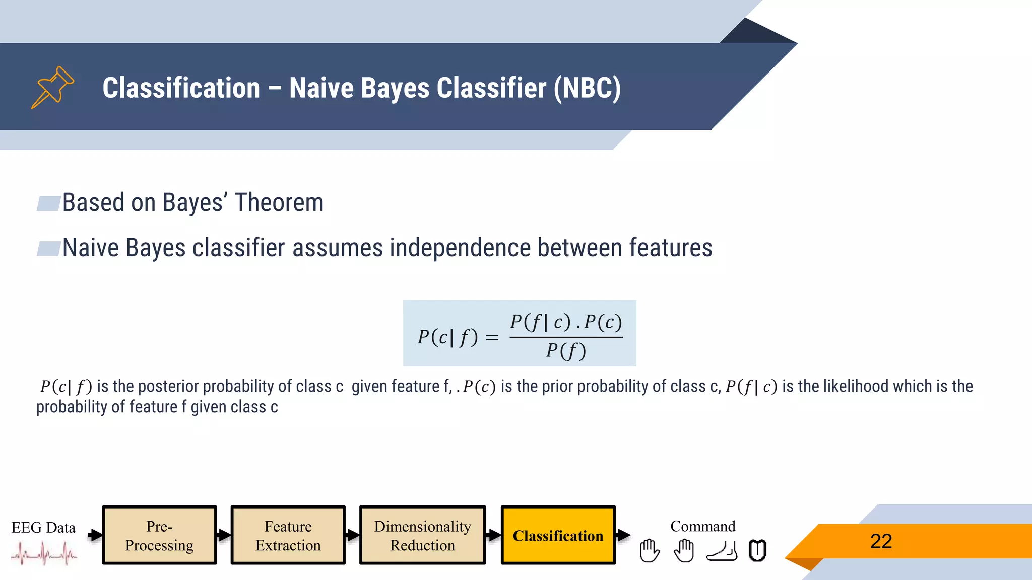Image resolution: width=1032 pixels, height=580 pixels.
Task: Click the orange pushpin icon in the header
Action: point(52,87)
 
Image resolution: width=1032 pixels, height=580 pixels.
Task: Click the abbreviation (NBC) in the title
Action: point(587,88)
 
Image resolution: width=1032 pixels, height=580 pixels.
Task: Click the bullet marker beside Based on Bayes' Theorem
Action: point(48,203)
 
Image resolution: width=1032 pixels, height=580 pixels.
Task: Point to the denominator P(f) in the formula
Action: point(566,351)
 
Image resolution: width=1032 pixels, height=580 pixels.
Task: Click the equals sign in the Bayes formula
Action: point(492,337)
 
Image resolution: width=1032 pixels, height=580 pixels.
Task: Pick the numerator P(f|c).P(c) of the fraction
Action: point(566,322)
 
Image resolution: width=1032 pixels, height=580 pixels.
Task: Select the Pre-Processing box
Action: point(159,535)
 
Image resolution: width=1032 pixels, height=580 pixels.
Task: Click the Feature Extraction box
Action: point(288,535)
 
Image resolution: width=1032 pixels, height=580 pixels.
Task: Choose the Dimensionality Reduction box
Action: point(422,535)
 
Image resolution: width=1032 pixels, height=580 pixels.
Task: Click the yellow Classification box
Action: point(558,535)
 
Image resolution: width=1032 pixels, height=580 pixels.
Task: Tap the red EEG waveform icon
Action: point(44,554)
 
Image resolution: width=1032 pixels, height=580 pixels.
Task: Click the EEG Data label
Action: point(43,527)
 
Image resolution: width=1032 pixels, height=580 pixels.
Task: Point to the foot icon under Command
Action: point(722,551)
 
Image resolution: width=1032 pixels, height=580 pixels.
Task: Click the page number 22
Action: point(881,541)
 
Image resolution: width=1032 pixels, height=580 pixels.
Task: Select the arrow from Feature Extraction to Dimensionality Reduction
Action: point(352,535)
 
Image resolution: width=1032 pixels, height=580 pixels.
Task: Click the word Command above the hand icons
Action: point(702,526)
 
